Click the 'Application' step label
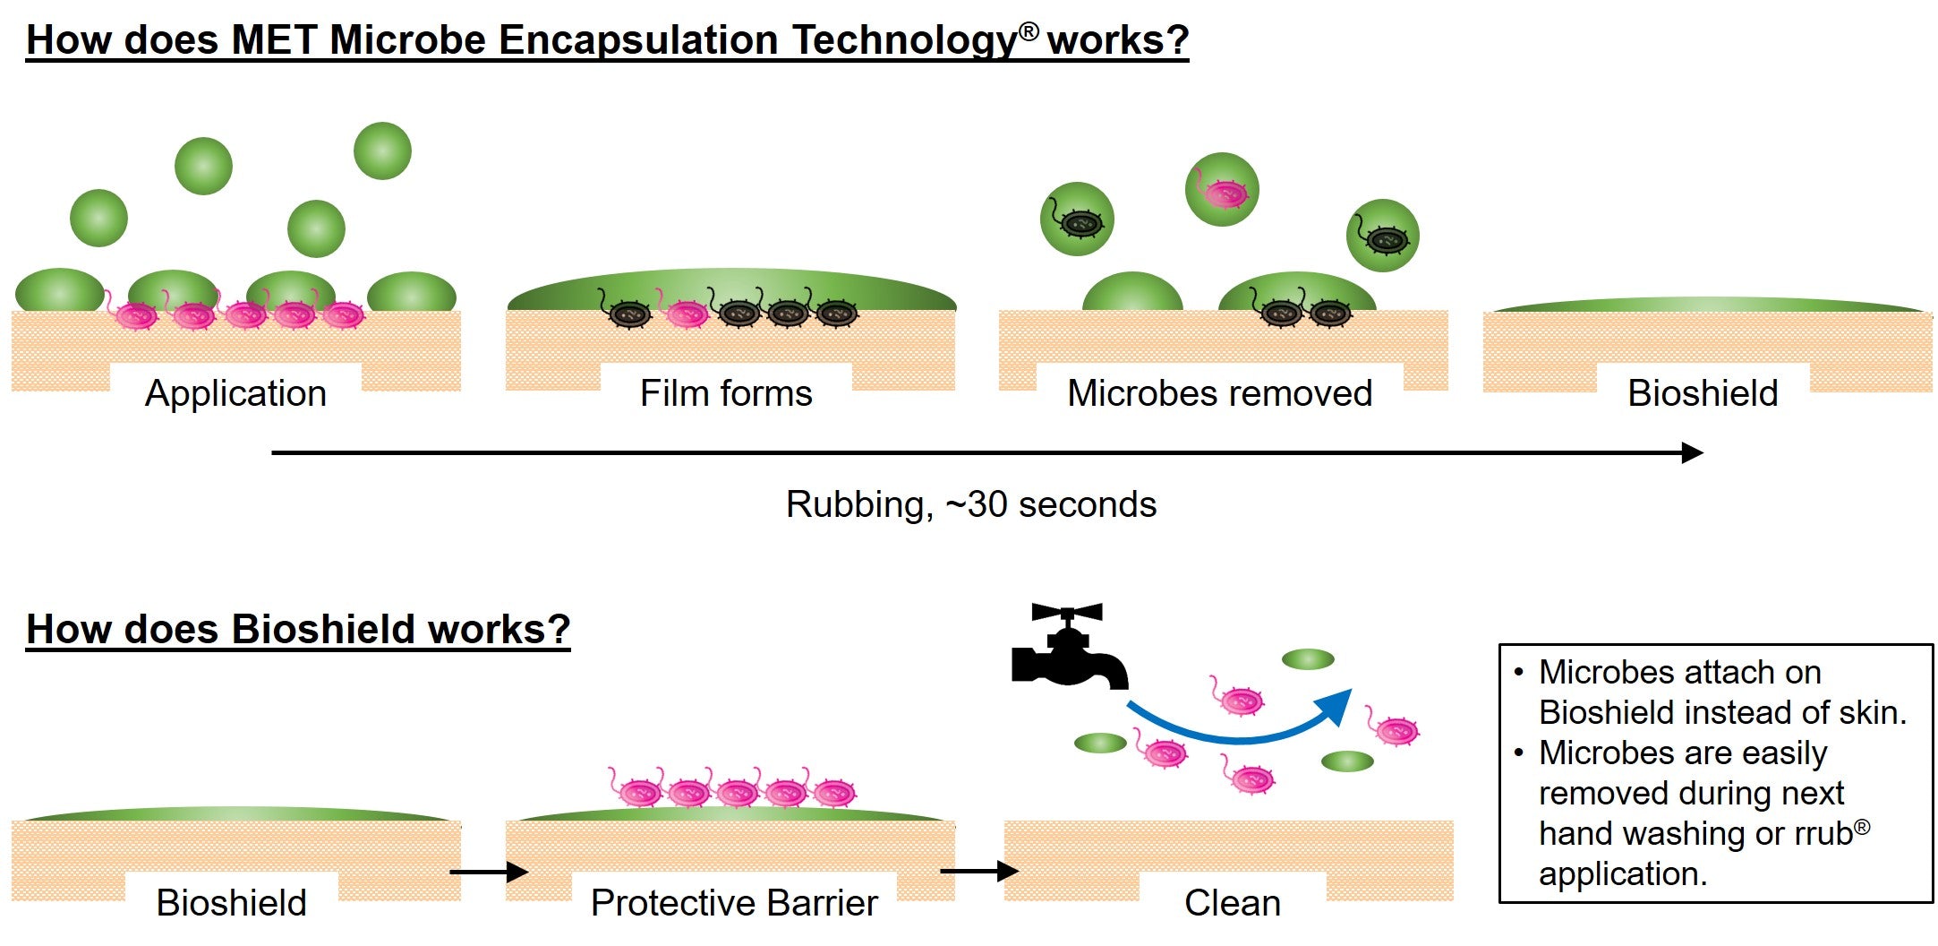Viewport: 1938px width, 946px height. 235,393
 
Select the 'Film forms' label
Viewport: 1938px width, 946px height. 726,393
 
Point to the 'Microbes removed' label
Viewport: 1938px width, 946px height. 1219,393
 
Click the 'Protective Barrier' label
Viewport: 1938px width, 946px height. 734,903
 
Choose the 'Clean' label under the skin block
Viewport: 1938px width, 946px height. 1232,903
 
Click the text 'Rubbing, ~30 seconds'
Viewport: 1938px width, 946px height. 970,504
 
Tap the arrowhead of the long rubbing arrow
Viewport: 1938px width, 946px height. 1691,452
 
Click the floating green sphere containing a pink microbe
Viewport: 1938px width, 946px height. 1222,190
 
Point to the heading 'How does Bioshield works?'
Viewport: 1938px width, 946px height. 298,629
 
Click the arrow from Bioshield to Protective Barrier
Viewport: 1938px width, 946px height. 489,871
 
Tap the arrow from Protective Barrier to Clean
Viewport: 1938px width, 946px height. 979,870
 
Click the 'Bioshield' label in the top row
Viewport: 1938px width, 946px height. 1702,393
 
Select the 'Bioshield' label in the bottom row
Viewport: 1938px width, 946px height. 231,903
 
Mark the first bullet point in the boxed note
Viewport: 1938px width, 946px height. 1518,672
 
